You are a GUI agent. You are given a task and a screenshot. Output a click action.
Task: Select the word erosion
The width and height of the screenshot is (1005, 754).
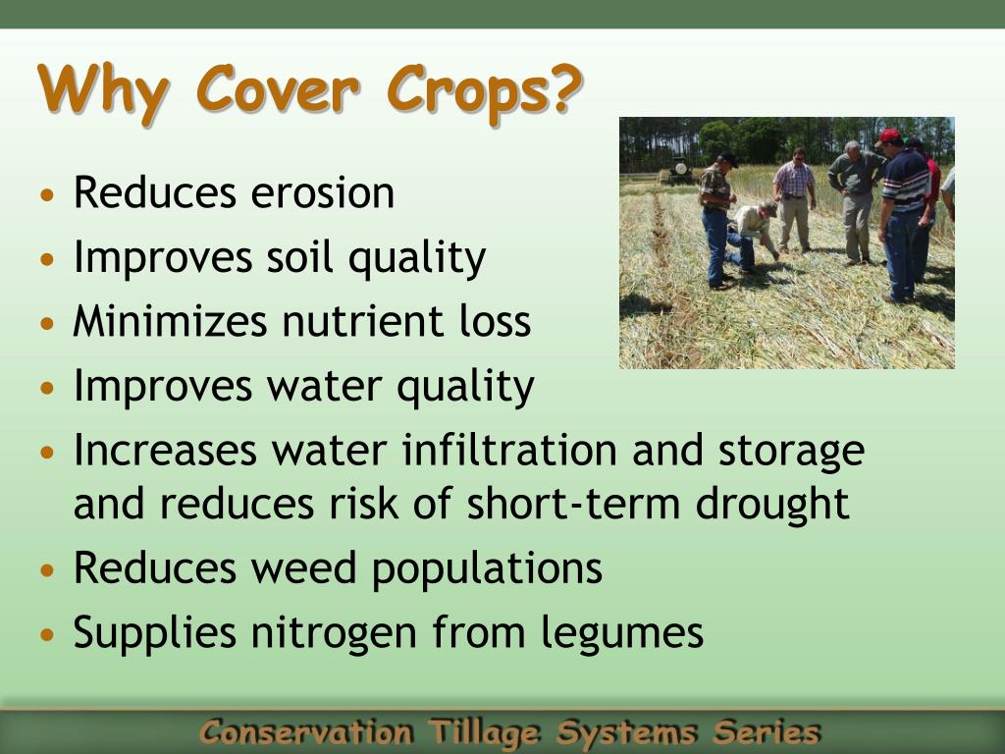322,192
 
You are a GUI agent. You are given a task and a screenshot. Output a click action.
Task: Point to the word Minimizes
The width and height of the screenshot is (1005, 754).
170,320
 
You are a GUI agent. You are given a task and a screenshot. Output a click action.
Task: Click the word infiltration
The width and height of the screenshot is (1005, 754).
509,450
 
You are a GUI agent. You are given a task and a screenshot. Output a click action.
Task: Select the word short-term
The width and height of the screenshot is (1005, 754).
573,503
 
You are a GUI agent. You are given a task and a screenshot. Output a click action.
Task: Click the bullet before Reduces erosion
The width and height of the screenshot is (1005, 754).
47,195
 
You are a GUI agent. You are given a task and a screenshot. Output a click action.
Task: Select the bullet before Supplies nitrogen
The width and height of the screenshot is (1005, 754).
47,635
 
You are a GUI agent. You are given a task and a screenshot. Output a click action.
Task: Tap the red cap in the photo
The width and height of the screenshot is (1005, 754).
888,136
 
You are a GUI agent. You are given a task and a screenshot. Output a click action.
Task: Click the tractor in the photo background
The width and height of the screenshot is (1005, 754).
679,171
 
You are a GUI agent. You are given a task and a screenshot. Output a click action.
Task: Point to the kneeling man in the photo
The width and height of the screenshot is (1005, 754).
753,237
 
